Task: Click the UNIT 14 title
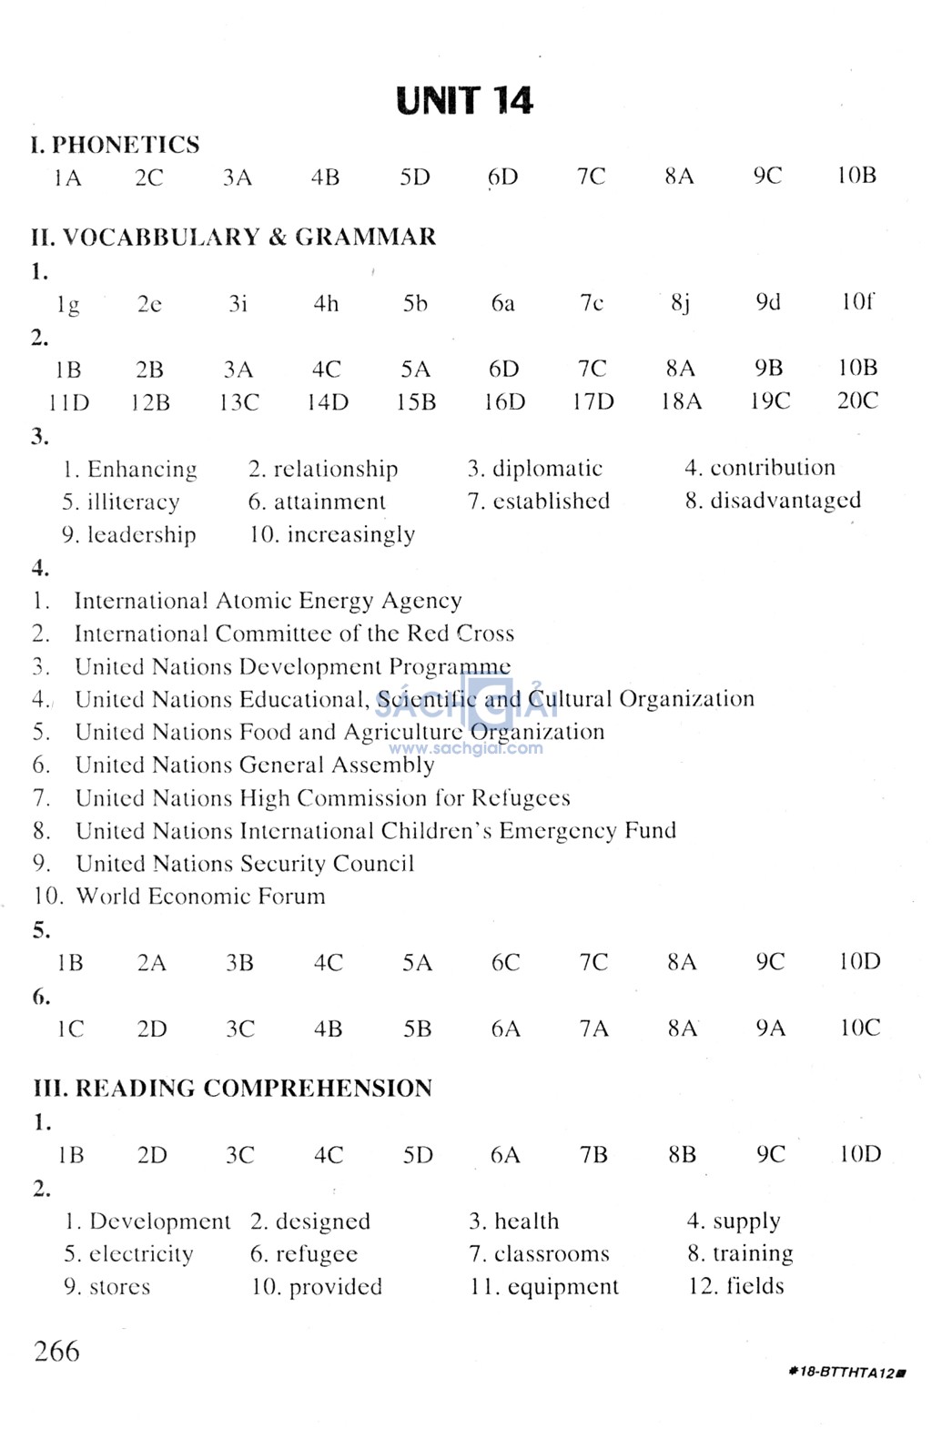click(x=464, y=101)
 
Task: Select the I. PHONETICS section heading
click(x=115, y=145)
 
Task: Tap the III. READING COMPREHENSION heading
click(x=232, y=1088)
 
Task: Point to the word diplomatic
click(x=547, y=469)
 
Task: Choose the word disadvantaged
click(x=785, y=501)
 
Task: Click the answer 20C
click(x=857, y=400)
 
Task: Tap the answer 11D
click(x=69, y=402)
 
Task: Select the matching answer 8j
click(x=680, y=303)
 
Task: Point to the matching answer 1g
click(x=68, y=305)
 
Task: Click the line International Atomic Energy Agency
click(x=268, y=601)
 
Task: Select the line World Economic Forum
click(x=200, y=897)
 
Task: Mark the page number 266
click(x=56, y=1351)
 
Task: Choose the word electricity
click(x=141, y=1254)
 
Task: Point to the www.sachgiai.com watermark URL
click(x=466, y=749)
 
